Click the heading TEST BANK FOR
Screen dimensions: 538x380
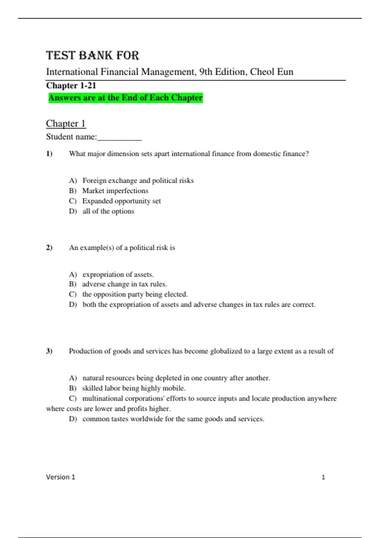pyautogui.click(x=92, y=55)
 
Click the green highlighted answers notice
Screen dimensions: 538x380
pyautogui.click(x=125, y=97)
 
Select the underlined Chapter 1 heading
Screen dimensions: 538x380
pyautogui.click(x=66, y=123)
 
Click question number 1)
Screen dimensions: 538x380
pyautogui.click(x=49, y=154)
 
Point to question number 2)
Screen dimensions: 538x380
pyautogui.click(x=49, y=247)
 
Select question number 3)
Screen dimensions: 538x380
pyautogui.click(x=49, y=351)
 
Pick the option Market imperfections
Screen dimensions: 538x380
pyautogui.click(x=115, y=191)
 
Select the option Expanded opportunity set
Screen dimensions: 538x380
pyautogui.click(x=121, y=201)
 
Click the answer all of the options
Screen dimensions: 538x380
pyautogui.click(x=108, y=211)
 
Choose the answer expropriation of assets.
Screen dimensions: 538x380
pyautogui.click(x=118, y=274)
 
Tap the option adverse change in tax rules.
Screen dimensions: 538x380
pyautogui.click(x=124, y=284)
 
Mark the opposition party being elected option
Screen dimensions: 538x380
pyautogui.click(x=135, y=294)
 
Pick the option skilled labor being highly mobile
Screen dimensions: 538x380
pyautogui.click(x=134, y=388)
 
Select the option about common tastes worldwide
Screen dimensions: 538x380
pyautogui.click(x=173, y=419)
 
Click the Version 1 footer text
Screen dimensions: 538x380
pyautogui.click(x=60, y=477)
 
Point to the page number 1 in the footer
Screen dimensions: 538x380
pyautogui.click(x=323, y=477)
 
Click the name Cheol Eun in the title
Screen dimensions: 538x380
pyautogui.click(x=272, y=72)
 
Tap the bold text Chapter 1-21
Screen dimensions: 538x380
pyautogui.click(x=71, y=85)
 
